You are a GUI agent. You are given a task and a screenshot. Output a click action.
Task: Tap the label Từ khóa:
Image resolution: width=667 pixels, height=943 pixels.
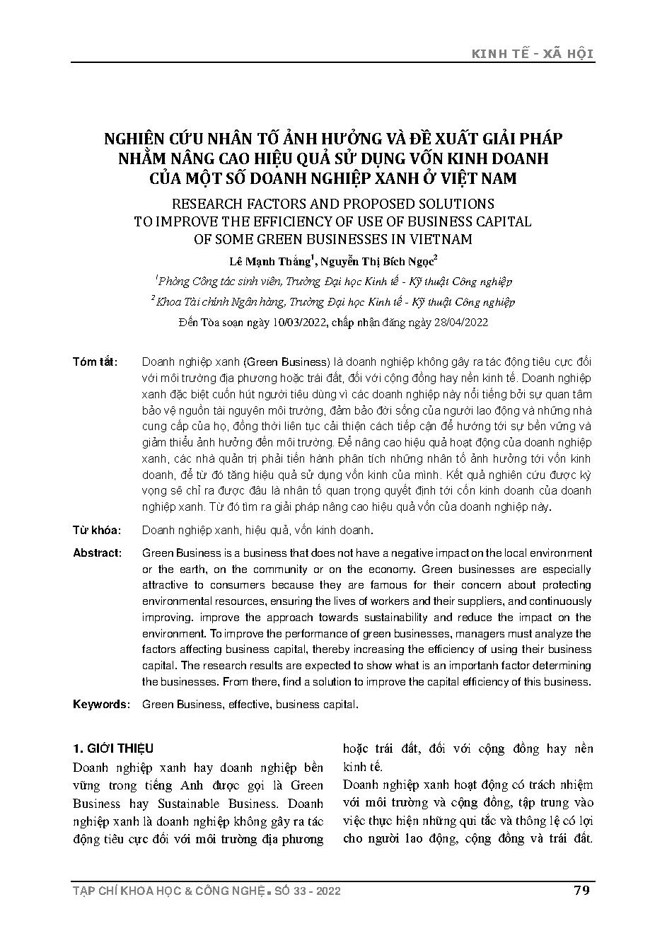tap(96, 530)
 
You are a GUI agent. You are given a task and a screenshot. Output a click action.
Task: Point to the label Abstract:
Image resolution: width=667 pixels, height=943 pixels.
tap(97, 553)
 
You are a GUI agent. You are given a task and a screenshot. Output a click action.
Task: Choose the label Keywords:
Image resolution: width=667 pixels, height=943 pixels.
tap(101, 705)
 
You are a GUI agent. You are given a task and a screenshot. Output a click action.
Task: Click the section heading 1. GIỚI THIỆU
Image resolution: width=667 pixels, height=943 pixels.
tap(113, 748)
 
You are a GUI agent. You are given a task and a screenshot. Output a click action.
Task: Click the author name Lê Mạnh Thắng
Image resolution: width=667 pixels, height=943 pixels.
tap(278, 262)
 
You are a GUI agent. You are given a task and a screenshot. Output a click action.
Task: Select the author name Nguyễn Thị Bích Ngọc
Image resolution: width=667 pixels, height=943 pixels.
tap(376, 262)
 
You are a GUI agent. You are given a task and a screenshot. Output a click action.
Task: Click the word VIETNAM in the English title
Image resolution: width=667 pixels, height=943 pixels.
tap(439, 239)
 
